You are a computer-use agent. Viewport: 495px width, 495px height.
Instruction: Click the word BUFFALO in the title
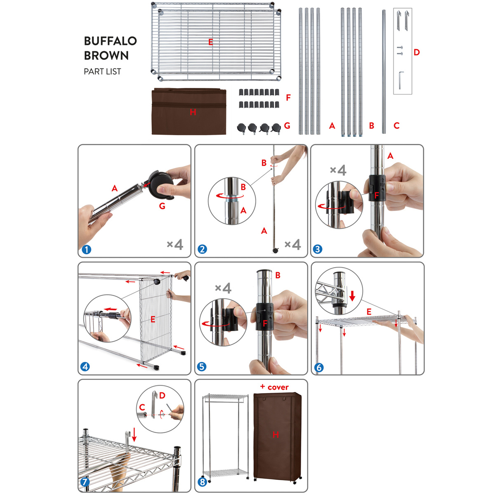[x=110, y=41]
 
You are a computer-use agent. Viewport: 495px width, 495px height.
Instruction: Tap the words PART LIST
[x=102, y=71]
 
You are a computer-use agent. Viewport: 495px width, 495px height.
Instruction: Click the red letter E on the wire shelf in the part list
[x=210, y=42]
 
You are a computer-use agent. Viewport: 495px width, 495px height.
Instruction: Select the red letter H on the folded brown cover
[x=193, y=112]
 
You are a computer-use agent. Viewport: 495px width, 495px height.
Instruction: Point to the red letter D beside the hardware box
[x=416, y=52]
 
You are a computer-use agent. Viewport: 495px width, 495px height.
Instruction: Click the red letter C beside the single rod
[x=396, y=126]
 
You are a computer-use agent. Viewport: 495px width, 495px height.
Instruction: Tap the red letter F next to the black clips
[x=288, y=98]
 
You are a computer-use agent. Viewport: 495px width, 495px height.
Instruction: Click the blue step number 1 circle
[x=86, y=250]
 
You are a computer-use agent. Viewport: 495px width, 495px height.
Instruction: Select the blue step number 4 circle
[x=85, y=367]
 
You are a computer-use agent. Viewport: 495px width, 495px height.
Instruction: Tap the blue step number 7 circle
[x=85, y=482]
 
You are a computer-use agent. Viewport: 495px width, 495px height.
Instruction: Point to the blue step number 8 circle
[x=202, y=482]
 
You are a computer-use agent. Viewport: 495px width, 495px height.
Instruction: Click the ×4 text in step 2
[x=292, y=244]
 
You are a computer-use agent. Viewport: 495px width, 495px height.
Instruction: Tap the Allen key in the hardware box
[x=401, y=80]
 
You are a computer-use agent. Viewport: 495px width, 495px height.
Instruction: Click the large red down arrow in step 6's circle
[x=352, y=296]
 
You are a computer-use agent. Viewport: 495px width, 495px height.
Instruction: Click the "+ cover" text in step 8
[x=274, y=387]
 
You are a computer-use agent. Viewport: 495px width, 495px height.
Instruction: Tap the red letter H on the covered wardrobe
[x=276, y=434]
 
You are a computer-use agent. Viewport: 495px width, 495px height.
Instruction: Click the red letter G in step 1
[x=162, y=206]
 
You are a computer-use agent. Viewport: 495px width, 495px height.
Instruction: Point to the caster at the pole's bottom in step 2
[x=275, y=250]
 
